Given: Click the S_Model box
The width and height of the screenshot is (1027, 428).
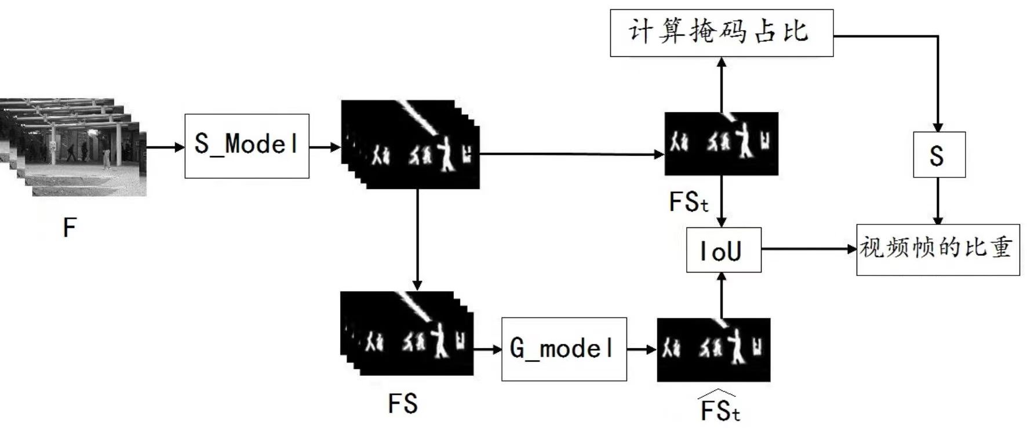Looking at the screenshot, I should click(x=246, y=146).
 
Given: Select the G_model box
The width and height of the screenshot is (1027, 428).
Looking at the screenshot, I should click(x=563, y=349).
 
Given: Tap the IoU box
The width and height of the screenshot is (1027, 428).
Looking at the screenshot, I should click(x=723, y=250).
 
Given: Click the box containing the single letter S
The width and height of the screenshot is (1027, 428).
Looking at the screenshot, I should click(x=938, y=155).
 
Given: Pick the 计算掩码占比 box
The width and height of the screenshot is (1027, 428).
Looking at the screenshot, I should click(x=721, y=32).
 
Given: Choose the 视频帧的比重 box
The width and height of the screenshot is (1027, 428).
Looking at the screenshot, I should click(x=937, y=249).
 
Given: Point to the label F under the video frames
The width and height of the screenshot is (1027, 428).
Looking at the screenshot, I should click(x=69, y=228).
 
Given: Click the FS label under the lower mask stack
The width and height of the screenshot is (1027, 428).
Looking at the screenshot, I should click(x=403, y=404).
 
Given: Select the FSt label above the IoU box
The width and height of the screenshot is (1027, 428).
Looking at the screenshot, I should click(x=688, y=202).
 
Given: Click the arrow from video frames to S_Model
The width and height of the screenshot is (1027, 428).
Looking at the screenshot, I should click(x=165, y=147).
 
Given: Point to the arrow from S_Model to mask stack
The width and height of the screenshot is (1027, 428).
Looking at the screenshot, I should click(x=325, y=147).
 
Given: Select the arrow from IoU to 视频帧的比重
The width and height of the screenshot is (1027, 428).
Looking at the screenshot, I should click(x=809, y=249).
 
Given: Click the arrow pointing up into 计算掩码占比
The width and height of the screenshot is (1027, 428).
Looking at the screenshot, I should click(x=721, y=84).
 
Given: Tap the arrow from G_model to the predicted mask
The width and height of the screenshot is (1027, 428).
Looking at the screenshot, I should click(x=642, y=349).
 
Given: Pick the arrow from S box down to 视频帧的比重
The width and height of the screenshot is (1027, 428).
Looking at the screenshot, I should click(x=938, y=201).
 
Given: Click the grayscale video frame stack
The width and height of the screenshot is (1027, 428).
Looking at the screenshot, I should click(x=72, y=148).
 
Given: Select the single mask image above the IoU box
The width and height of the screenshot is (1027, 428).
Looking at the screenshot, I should click(x=721, y=144).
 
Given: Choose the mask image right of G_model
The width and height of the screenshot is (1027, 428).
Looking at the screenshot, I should click(x=713, y=350).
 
